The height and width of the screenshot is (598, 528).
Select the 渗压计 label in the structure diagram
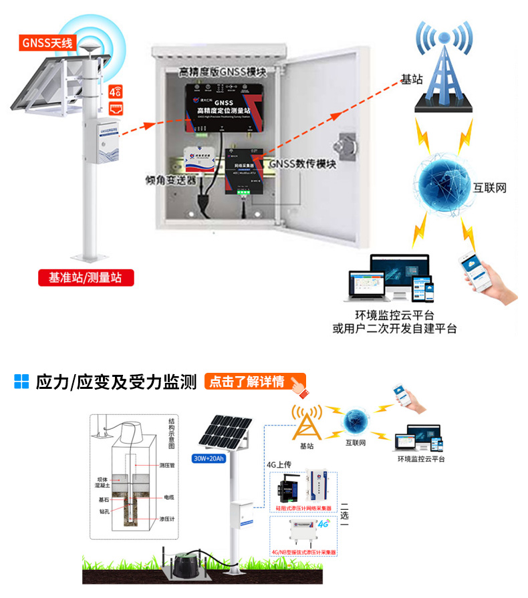[167, 518]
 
